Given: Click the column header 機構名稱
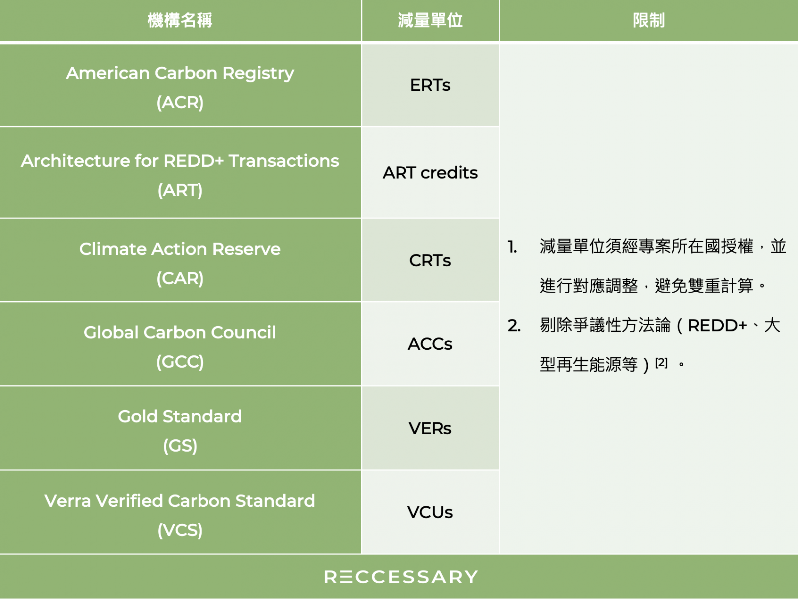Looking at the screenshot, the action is (x=180, y=20).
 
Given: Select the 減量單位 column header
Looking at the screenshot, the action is (x=430, y=20).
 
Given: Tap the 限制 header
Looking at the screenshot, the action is (x=649, y=20).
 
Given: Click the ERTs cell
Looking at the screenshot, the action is (x=430, y=85).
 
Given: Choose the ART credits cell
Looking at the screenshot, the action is (x=430, y=173).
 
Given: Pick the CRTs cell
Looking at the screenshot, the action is (x=430, y=261).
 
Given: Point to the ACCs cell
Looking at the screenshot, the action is (x=430, y=344).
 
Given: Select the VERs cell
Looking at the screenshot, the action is (x=430, y=428).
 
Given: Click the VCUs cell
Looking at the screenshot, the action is (x=430, y=512).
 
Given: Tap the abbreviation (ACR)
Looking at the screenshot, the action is (x=180, y=102).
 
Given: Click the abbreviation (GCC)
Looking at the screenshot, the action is (x=180, y=362).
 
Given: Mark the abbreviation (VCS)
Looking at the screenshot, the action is (x=180, y=530).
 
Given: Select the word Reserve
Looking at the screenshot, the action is (x=246, y=249).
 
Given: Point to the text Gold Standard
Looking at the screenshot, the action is (x=180, y=416).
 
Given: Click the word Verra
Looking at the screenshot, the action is (x=68, y=501).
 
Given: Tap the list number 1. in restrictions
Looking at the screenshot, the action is (x=512, y=247).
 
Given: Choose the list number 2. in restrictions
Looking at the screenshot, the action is (x=514, y=326).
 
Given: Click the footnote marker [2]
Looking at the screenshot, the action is (x=662, y=362).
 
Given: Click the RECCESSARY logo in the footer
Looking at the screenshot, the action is (x=401, y=577).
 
